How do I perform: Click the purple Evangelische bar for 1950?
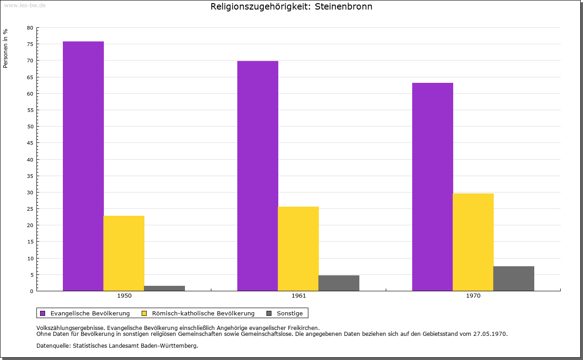[x=83, y=166]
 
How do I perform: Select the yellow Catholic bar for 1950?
[x=124, y=253]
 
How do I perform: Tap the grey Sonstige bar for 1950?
[x=164, y=288]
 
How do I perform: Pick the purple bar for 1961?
[x=258, y=176]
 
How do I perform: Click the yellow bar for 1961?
[x=298, y=248]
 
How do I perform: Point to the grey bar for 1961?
[x=339, y=283]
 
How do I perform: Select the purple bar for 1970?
[x=433, y=187]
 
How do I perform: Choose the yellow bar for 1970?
[x=473, y=242]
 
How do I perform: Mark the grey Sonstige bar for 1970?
[x=514, y=279]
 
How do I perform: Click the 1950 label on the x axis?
[x=124, y=296]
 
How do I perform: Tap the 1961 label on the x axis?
[x=299, y=296]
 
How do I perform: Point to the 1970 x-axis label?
[x=473, y=296]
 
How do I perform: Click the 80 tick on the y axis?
[x=30, y=28]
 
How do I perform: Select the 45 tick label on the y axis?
[x=30, y=143]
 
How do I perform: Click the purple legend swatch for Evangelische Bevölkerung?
[x=43, y=313]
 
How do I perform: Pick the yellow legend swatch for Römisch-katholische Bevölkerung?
[x=144, y=313]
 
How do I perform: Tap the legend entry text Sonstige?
[x=290, y=313]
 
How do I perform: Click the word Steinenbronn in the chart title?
[x=343, y=7]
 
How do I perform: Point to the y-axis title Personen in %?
[x=5, y=48]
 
